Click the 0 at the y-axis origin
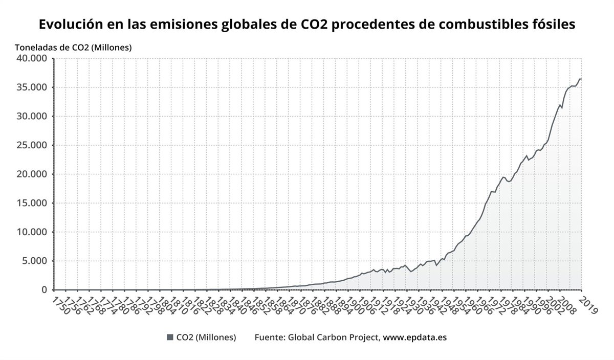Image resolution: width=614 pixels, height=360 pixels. pos(44,290)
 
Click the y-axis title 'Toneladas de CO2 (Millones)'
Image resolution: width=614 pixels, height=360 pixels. pos(73,48)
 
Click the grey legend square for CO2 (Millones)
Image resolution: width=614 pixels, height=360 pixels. pos(170,337)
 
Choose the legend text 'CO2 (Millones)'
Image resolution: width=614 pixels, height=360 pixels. pos(206,337)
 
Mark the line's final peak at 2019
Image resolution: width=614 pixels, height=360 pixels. pos(580,79)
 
